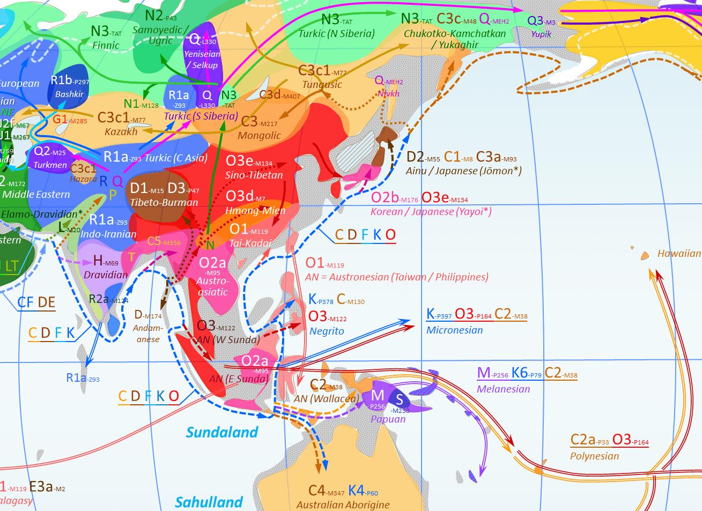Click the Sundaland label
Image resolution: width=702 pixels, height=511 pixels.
coord(222,432)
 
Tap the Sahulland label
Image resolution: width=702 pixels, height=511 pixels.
coord(209,502)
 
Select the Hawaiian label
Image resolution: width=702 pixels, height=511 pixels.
coord(679,254)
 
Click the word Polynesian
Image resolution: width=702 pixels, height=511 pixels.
coord(594,456)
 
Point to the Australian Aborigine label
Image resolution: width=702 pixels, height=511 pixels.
coord(343,505)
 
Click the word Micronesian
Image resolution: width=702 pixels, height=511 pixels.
coord(454,330)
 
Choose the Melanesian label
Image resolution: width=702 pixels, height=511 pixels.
coord(503,389)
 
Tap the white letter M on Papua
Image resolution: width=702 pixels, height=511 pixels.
coord(378,396)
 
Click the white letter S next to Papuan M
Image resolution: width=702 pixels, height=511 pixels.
coord(399,398)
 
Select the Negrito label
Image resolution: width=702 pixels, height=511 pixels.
coord(327,331)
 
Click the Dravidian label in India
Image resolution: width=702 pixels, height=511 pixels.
coord(106,275)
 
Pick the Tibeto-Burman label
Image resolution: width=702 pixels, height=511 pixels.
coord(164,203)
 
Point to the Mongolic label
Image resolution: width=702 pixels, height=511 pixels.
coord(259,136)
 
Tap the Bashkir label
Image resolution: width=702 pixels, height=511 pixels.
coord(69,94)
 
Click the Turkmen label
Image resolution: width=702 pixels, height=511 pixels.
coord(50,165)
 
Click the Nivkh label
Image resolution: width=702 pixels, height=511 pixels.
coord(389,93)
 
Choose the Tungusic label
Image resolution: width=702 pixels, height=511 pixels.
coord(322,84)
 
